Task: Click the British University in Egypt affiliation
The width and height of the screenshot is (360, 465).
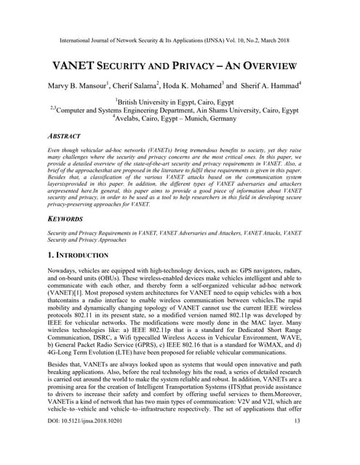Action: (180, 103)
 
